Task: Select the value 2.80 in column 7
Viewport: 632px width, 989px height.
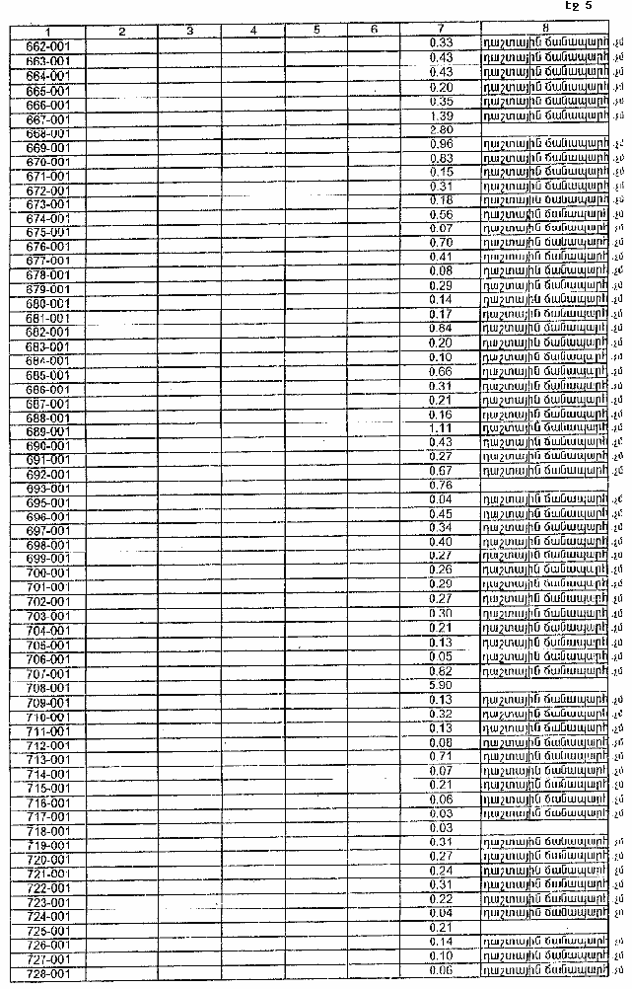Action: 441,130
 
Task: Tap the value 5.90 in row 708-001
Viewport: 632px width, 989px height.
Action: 441,685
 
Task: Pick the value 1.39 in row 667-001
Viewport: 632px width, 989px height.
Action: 441,116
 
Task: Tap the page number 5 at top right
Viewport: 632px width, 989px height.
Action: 588,6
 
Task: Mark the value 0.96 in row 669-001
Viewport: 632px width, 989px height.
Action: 441,144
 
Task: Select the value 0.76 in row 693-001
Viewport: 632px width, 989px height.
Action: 441,486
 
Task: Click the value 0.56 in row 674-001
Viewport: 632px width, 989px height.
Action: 441,215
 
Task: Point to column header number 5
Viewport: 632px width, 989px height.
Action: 316,31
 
